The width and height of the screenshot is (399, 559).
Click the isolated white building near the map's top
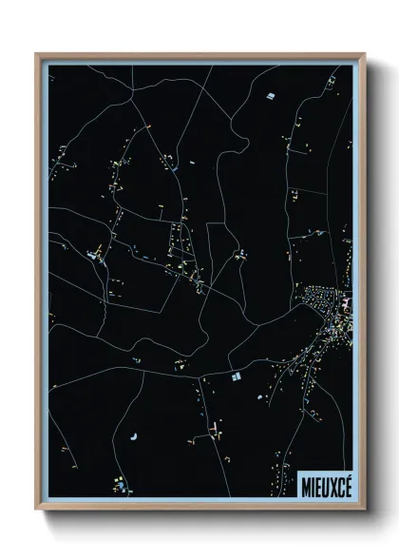tap(270, 96)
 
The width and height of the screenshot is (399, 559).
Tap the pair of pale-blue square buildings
tap(236, 377)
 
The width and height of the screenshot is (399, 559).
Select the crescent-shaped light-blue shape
tap(131, 435)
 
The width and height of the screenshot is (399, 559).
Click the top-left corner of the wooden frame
tap(37, 55)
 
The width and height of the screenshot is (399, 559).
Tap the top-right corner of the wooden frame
tap(364, 55)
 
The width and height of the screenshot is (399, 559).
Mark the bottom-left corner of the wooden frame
tap(37, 509)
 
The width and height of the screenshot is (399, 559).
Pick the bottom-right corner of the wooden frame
tap(364, 509)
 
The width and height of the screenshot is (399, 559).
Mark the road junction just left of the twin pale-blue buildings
tap(226, 376)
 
